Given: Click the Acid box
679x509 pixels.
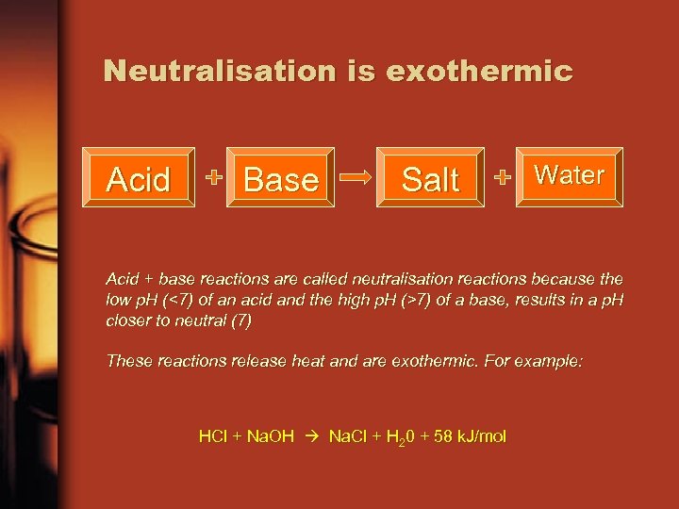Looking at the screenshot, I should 139,178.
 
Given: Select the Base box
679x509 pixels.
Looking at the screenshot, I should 281,178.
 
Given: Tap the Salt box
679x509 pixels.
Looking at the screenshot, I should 430,178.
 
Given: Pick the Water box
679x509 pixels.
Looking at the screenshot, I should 570,175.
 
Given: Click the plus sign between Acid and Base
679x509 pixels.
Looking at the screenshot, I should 215,177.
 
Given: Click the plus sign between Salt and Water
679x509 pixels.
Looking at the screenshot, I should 503,177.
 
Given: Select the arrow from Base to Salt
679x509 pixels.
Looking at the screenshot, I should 356,177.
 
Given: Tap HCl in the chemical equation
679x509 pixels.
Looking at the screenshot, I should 213,436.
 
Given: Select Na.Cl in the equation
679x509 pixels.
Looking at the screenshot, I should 352,436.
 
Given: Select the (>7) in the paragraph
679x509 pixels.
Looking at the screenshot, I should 416,300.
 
